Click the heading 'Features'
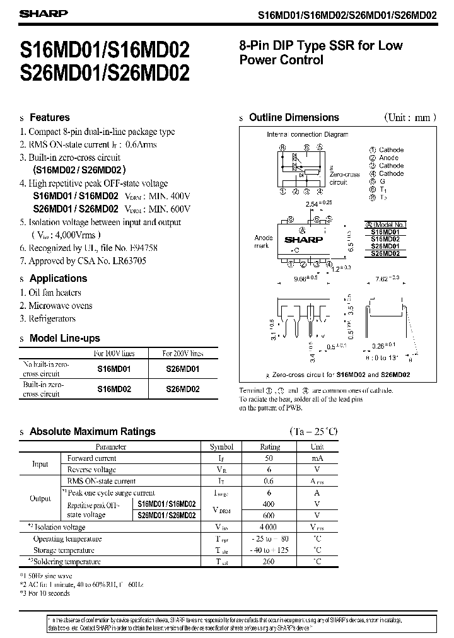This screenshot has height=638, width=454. pyautogui.click(x=50, y=117)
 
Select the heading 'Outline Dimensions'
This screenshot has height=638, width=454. pyautogui.click(x=294, y=117)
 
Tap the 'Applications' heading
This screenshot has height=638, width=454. pyautogui.click(x=59, y=278)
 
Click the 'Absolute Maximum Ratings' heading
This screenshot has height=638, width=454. pyautogui.click(x=92, y=432)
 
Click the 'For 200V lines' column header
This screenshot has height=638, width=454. pyautogui.click(x=183, y=353)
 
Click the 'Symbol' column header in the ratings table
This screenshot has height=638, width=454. pyautogui.click(x=221, y=446)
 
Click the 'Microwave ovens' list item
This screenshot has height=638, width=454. pyautogui.click(x=61, y=306)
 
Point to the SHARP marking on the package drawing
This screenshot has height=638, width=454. pyautogui.click(x=303, y=240)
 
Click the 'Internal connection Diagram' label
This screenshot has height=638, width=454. pyautogui.click(x=307, y=134)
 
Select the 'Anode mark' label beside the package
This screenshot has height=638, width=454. pyautogui.click(x=263, y=241)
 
